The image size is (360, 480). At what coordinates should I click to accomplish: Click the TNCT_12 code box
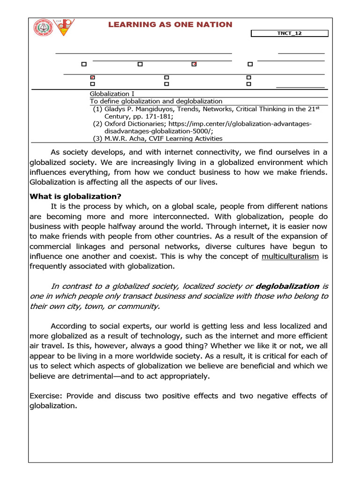click(290, 33)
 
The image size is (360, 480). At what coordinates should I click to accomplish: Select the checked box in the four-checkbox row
click(194, 64)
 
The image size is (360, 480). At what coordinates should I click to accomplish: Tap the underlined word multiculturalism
click(290, 256)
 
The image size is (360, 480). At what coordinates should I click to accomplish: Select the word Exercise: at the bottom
click(45, 396)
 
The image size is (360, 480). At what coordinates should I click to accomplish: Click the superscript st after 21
click(317, 107)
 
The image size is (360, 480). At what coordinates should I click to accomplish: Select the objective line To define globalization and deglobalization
click(156, 101)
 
